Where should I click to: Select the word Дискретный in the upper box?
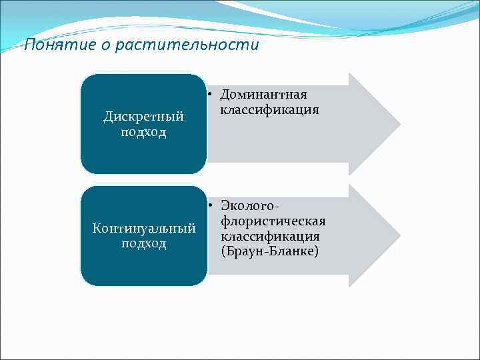tap(143, 117)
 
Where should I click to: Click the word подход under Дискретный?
tap(143, 131)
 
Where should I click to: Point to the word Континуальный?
tap(143, 229)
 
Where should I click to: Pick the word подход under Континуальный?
tap(143, 243)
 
